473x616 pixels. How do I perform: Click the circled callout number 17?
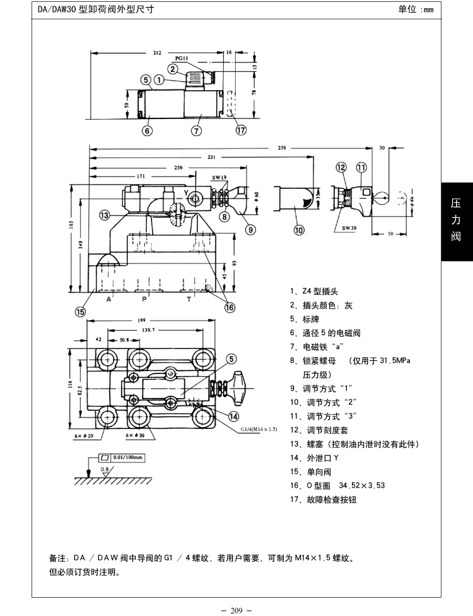(240, 131)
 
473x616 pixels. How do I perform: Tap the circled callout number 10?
(298, 230)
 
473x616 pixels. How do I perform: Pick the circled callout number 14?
(233, 416)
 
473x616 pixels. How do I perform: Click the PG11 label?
(182, 58)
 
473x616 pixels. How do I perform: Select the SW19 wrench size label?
(218, 178)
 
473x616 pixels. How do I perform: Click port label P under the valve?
(144, 300)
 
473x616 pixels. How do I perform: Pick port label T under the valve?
(189, 300)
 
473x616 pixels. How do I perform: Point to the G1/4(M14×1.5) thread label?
(259, 429)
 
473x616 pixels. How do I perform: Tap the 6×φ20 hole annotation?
(83, 435)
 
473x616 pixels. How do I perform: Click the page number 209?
(237, 610)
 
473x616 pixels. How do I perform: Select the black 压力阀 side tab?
(456, 220)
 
